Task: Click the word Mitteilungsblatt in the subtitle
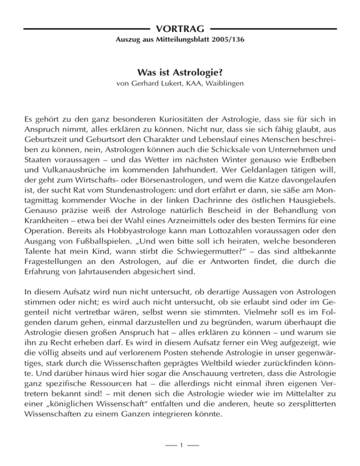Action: [179, 40]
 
